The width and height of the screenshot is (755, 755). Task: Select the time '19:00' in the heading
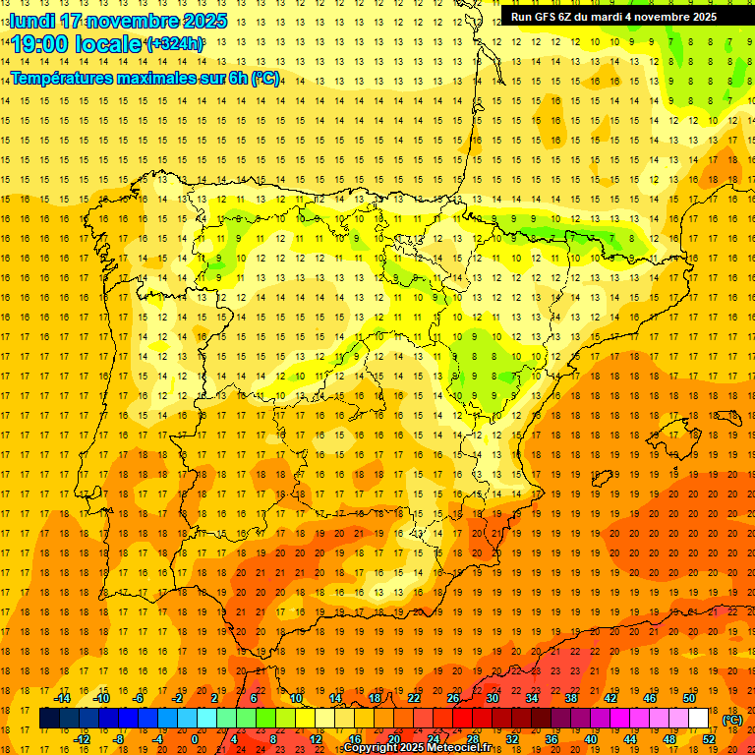click(38, 44)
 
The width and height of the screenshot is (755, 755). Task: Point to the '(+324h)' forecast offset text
click(175, 44)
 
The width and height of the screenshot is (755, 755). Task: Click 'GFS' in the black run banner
click(549, 17)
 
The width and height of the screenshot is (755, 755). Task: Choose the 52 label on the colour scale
click(709, 739)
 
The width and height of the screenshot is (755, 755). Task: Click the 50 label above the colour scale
click(689, 698)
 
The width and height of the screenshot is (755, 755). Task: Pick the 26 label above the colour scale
click(453, 698)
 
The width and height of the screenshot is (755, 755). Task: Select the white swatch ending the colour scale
click(699, 719)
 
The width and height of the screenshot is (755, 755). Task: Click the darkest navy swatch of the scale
click(49, 719)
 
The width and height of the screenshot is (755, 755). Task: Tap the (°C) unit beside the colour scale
click(731, 720)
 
